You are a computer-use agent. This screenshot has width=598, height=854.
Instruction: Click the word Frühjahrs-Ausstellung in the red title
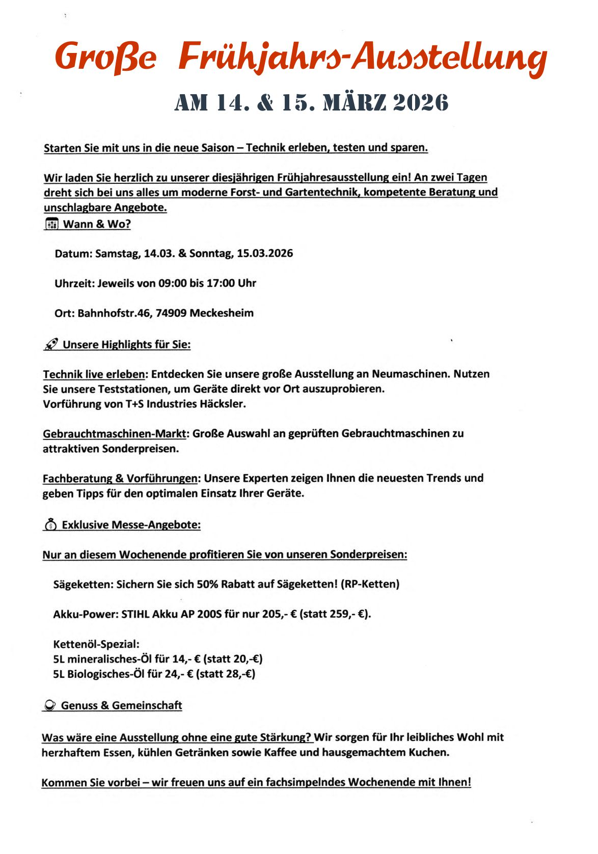[362, 58]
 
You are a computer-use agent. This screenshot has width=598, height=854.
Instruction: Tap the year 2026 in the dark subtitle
[421, 102]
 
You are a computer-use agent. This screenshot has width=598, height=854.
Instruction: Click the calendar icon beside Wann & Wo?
[51, 224]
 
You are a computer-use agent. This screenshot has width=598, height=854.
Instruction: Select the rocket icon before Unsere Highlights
[51, 345]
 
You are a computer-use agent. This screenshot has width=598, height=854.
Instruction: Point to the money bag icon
[50, 525]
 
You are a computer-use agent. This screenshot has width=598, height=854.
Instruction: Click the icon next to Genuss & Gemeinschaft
[50, 705]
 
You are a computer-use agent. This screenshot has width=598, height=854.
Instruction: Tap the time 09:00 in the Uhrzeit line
[173, 283]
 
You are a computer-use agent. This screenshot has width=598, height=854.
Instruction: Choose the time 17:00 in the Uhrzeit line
[221, 283]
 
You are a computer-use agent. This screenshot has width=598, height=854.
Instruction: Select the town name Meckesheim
[222, 313]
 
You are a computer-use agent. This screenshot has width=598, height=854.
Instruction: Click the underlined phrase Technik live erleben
[94, 374]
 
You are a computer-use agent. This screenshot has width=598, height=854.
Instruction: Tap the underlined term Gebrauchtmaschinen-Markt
[115, 434]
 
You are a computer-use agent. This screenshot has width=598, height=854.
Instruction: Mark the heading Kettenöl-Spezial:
[96, 644]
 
